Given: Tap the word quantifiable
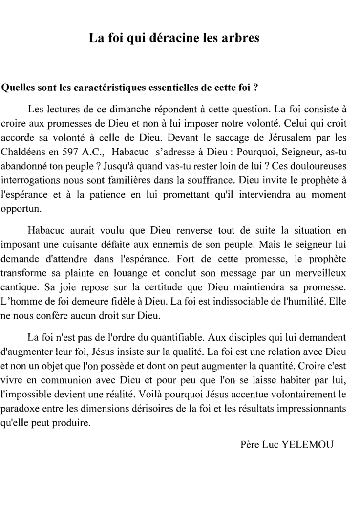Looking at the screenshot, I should point(168,337).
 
